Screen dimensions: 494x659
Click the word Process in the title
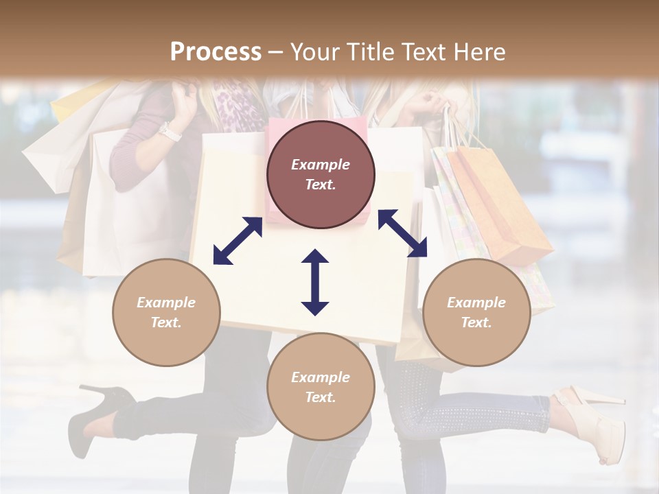click(x=216, y=52)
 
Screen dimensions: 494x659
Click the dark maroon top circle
click(x=321, y=174)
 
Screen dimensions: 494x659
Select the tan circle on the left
click(x=166, y=312)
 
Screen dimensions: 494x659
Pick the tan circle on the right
click(x=476, y=312)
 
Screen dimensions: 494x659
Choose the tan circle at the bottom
click(x=321, y=387)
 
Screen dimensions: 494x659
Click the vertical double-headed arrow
click(x=315, y=282)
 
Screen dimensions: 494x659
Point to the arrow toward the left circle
click(x=238, y=241)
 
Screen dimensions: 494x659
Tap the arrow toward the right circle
click(x=402, y=233)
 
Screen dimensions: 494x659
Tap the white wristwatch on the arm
click(x=169, y=130)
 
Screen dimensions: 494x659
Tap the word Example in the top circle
click(x=321, y=165)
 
